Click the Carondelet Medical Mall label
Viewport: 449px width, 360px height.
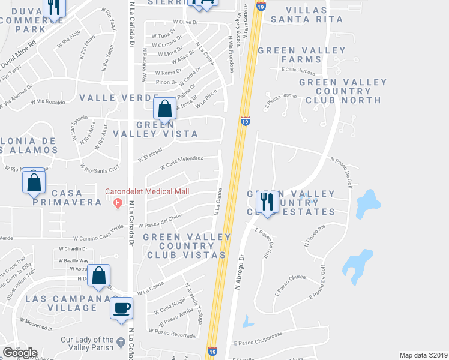click(x=147, y=191)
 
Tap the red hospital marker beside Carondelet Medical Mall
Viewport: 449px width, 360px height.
click(x=117, y=202)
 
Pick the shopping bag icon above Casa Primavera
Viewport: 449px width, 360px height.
click(x=34, y=181)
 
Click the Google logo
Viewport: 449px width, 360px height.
click(x=20, y=352)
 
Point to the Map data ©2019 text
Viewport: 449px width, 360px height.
click(x=423, y=355)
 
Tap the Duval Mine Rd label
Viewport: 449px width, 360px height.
click(x=18, y=53)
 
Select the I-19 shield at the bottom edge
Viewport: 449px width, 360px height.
click(x=212, y=352)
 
